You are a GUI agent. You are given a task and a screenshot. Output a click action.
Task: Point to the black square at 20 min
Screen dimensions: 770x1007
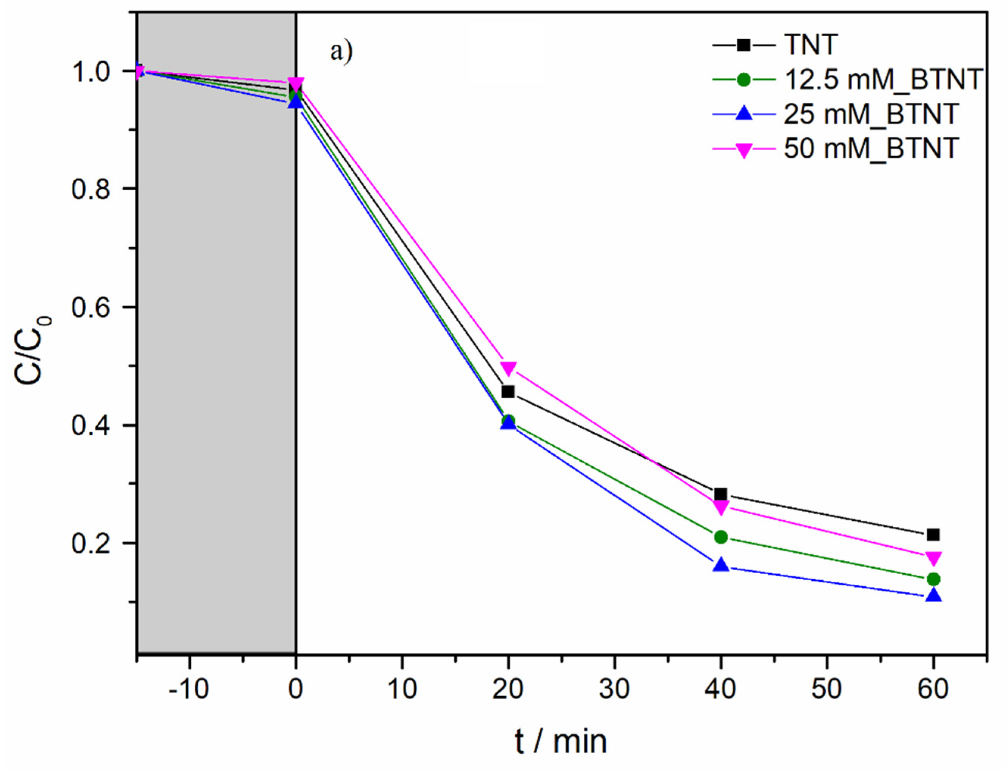508,392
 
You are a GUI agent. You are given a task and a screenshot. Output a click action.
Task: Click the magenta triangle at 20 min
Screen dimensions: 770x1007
508,368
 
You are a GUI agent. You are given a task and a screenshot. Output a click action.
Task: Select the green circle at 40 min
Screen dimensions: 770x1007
721,537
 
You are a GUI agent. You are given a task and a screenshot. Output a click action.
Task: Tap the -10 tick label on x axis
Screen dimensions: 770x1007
189,689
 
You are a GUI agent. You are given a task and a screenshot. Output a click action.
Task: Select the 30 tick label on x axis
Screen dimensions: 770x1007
614,689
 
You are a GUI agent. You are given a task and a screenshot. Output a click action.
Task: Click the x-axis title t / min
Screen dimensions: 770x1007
561,742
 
